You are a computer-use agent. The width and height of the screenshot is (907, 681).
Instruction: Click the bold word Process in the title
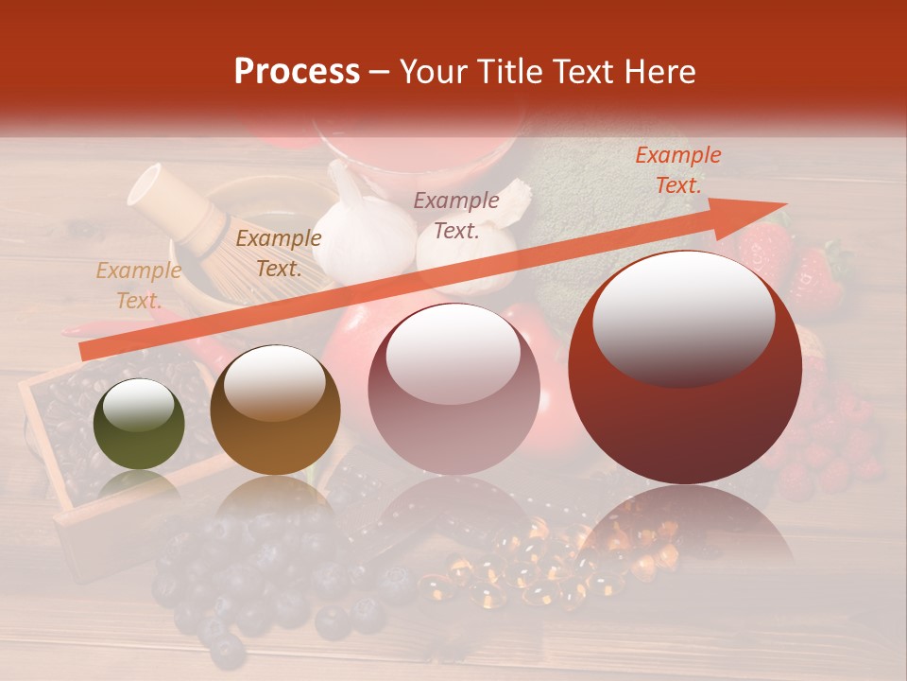pos(297,72)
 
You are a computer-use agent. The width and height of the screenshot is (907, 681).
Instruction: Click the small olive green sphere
pos(139,424)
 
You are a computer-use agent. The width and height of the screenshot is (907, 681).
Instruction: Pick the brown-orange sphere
pos(275,410)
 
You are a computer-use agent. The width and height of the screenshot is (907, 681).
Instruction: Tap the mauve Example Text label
pos(456,215)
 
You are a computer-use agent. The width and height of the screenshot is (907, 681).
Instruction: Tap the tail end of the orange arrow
pos(87,352)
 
